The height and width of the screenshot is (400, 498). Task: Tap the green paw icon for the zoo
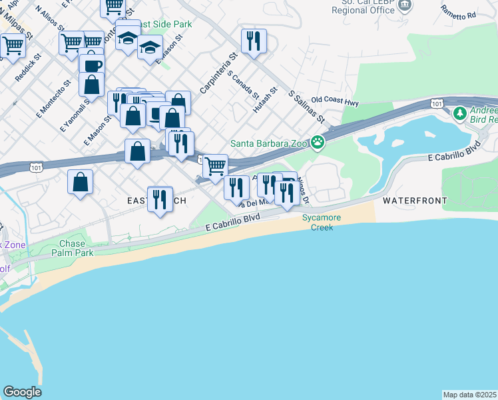319,141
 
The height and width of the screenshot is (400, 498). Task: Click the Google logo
22,392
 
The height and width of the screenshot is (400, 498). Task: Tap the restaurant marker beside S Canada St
254,42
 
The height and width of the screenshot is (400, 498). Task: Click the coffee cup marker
92,65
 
